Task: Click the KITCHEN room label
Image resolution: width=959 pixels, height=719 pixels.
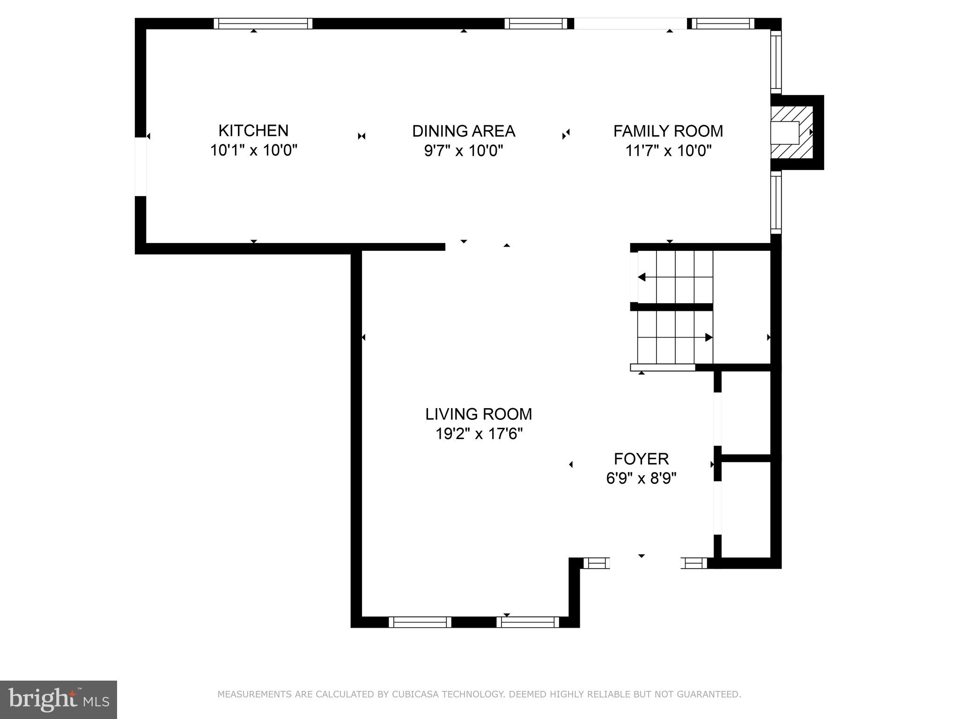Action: click(253, 131)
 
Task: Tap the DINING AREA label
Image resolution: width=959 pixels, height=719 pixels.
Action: click(464, 131)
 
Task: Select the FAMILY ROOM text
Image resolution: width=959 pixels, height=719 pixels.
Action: click(668, 131)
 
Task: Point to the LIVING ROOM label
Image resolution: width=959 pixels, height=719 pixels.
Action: click(479, 414)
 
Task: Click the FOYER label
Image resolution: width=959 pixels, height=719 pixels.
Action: click(641, 459)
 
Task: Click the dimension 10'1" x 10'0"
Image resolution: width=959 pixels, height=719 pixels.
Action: click(253, 151)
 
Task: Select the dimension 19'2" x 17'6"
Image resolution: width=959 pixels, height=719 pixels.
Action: click(479, 434)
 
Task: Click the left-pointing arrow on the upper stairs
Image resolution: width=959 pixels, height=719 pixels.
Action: click(642, 277)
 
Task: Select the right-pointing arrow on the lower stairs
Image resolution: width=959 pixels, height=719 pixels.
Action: click(708, 337)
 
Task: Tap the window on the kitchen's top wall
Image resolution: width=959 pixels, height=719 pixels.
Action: click(263, 23)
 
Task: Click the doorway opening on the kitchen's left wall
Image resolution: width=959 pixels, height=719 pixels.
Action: click(140, 167)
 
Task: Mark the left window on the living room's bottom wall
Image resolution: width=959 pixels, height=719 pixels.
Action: click(420, 622)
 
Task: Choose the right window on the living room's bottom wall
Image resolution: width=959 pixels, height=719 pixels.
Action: click(528, 622)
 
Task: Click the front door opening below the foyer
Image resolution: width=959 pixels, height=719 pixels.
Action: click(645, 563)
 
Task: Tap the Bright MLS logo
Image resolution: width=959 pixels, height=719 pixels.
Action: click(58, 699)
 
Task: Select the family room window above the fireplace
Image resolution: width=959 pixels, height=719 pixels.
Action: click(776, 62)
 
